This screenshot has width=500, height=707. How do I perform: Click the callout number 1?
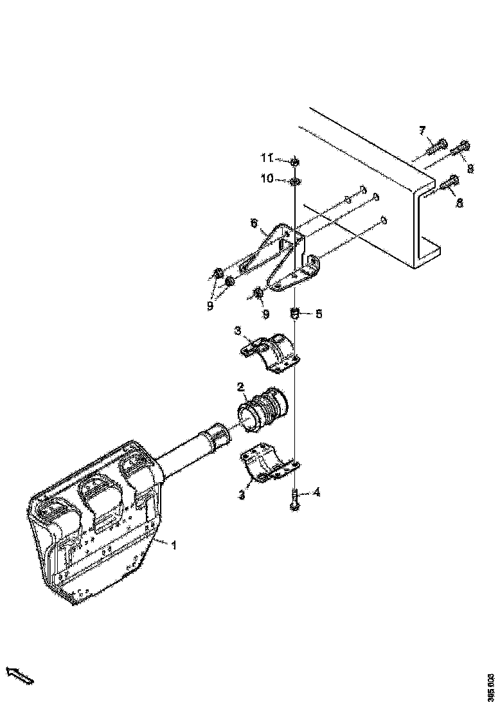(173, 544)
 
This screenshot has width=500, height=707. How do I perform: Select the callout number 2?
(240, 388)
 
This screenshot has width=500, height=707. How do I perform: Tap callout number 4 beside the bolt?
(316, 493)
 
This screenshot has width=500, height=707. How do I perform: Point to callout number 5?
(318, 314)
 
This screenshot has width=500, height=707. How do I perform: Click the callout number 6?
(254, 223)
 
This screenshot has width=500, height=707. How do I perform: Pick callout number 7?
(422, 131)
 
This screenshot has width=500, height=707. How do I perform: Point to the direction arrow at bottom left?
(19, 675)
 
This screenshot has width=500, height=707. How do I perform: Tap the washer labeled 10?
(295, 181)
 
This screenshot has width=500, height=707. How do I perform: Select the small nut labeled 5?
(295, 314)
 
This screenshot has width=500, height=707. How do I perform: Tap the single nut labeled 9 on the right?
(258, 294)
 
